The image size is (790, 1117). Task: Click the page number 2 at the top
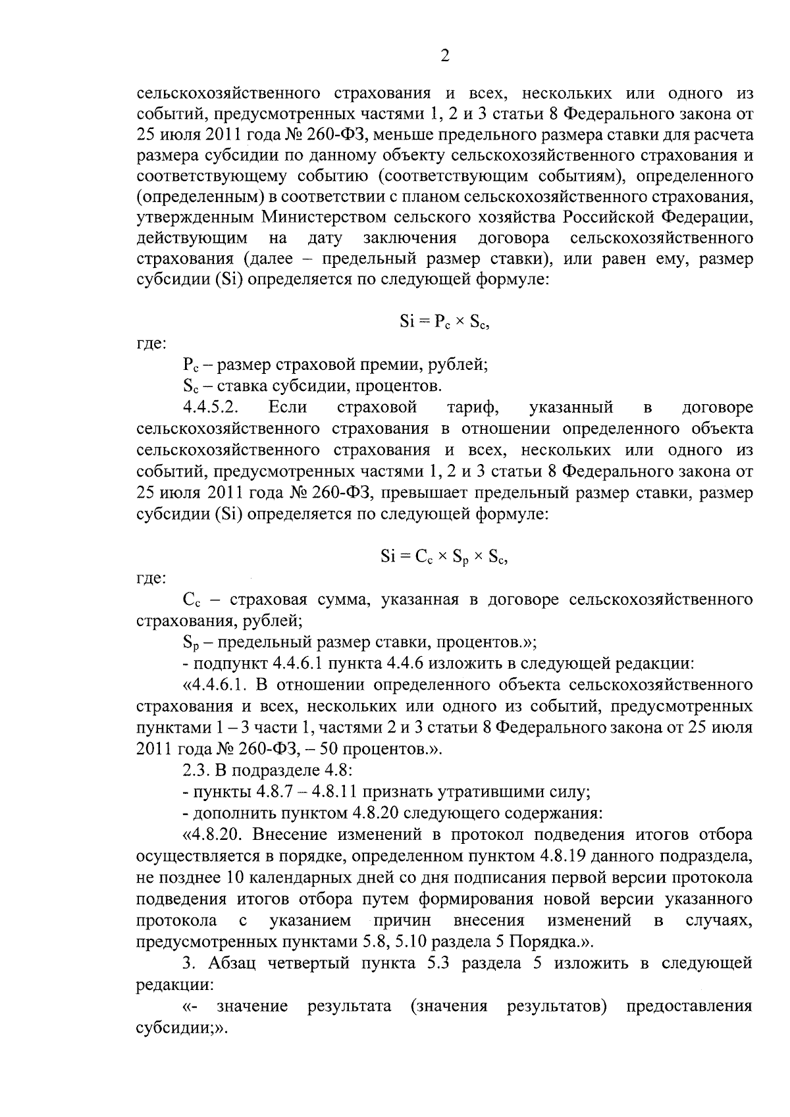(444, 57)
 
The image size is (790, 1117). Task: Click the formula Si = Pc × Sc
(445, 322)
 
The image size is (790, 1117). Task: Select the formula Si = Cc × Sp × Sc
(445, 557)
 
